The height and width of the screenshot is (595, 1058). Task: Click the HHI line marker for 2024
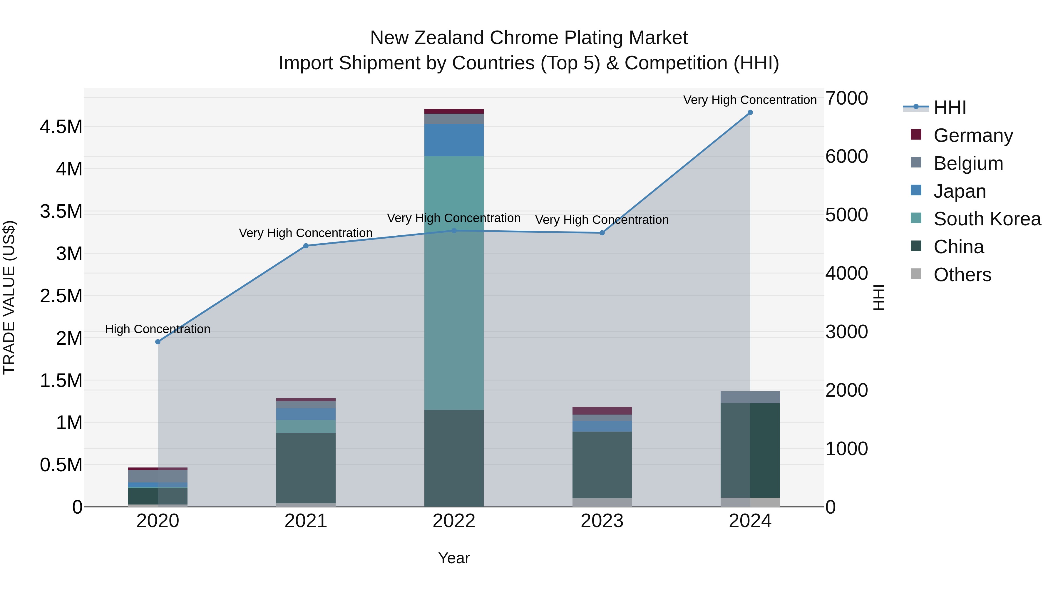750,113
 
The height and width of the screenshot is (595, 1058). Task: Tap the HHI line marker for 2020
158,342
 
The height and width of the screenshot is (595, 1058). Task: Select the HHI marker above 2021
306,246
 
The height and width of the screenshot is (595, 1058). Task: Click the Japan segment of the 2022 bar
454,140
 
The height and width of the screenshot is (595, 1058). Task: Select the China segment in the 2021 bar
306,468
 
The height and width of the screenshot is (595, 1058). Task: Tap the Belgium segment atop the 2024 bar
750,397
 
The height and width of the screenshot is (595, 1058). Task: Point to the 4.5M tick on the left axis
61,127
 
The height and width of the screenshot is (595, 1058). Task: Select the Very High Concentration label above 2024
750,100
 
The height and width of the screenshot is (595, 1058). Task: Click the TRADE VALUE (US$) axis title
9,297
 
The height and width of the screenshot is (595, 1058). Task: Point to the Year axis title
454,558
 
